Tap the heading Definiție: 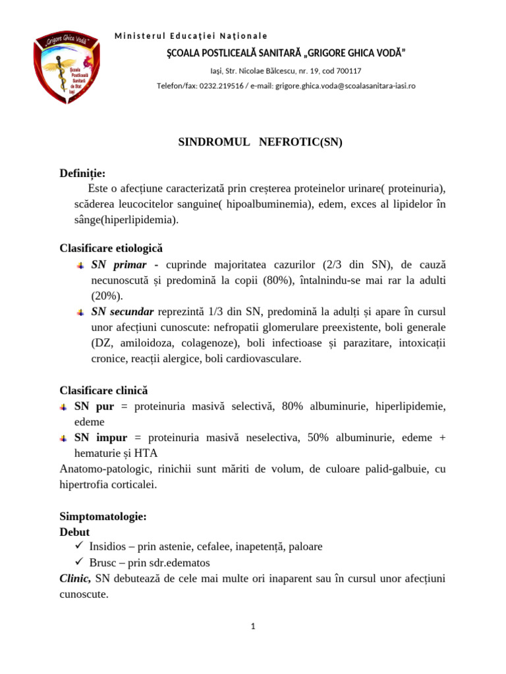[x=82, y=173]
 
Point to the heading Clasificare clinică [x=103, y=390]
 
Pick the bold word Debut [x=74, y=531]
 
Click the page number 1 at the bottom [x=253, y=626]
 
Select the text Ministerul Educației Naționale [x=191, y=36]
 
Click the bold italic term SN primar [x=119, y=264]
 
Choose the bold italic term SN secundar [x=123, y=311]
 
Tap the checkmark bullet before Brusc [x=78, y=562]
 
